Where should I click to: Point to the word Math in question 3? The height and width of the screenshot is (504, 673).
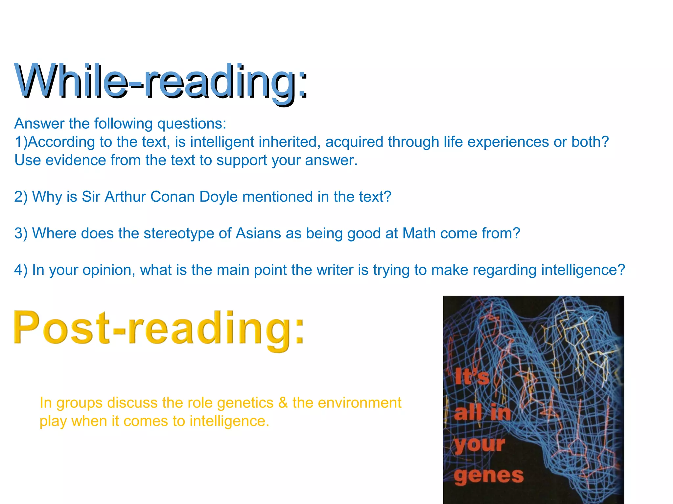(419, 233)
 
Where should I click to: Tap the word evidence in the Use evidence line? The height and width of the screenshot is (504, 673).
(76, 160)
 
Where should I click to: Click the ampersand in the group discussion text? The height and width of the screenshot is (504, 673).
(283, 403)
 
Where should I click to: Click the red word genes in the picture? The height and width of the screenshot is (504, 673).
(489, 476)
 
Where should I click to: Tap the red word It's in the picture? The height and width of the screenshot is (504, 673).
(472, 377)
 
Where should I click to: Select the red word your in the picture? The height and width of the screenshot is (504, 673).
(480, 445)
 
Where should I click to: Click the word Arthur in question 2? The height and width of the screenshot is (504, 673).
(125, 197)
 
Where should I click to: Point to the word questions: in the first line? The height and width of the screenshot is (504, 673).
(192, 124)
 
